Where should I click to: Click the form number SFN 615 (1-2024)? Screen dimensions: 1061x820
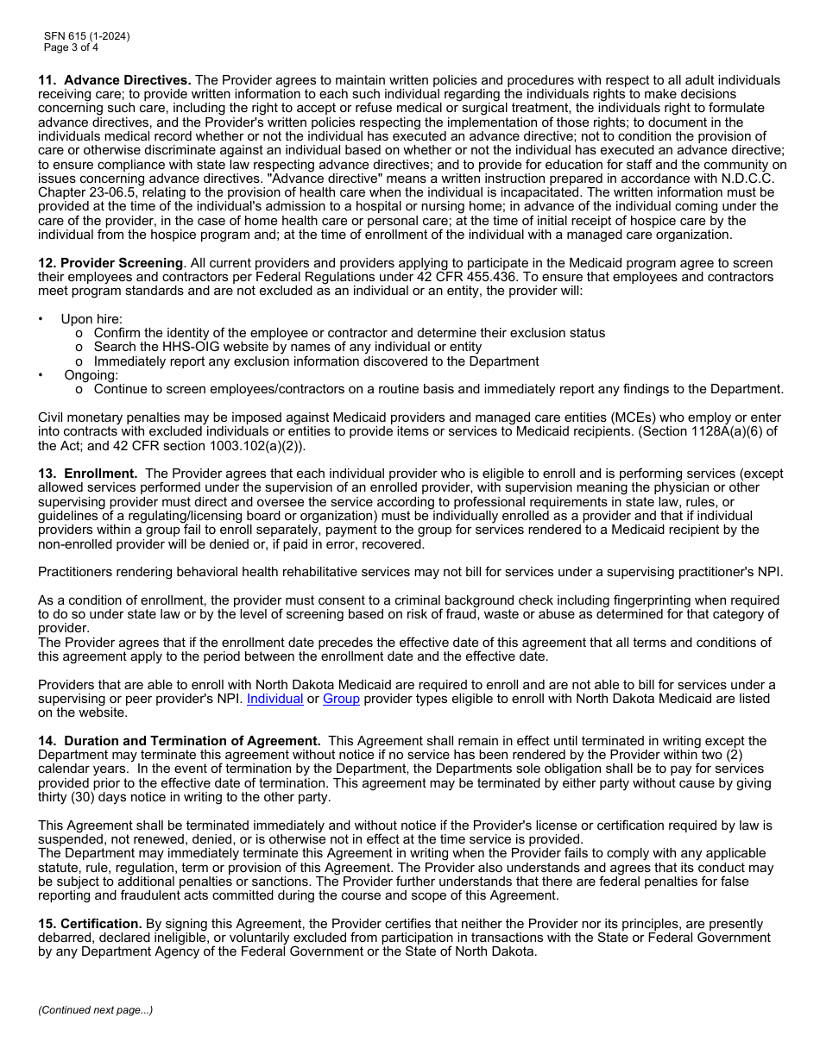(x=87, y=36)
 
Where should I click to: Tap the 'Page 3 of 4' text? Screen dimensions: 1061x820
(x=71, y=47)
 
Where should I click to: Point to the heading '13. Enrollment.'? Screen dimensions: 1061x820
(x=88, y=474)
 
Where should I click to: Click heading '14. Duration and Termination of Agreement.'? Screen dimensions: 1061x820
(x=180, y=741)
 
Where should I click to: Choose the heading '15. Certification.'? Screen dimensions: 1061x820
(x=90, y=924)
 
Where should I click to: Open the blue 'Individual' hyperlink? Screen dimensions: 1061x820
(x=274, y=699)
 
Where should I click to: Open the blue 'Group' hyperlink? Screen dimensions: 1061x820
(x=341, y=699)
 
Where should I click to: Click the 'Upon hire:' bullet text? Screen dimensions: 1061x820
(x=91, y=319)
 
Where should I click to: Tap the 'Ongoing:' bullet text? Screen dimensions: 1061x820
(x=91, y=375)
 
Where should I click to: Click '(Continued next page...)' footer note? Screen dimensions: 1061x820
(x=95, y=1010)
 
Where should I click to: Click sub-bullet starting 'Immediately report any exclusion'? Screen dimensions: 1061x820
(x=316, y=361)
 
